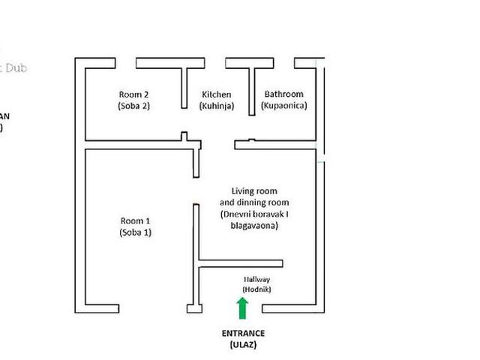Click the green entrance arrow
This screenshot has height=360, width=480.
242,307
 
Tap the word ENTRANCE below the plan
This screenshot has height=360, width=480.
243,333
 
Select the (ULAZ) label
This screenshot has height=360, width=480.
243,345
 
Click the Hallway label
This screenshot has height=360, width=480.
256,280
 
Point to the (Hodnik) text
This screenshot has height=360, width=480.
256,289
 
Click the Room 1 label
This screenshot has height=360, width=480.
136,220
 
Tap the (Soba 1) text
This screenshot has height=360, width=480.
136,232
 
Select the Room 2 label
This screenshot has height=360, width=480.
134,94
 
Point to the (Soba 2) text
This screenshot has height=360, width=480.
134,106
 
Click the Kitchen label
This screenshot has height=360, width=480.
217,94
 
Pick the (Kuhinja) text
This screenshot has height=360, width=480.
217,106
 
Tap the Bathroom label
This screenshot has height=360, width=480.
283,94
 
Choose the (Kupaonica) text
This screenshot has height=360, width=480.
283,106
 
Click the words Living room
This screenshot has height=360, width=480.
254,192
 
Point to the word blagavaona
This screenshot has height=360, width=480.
254,226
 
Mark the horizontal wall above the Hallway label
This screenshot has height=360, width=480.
240,262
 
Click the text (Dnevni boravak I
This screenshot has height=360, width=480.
254,214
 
